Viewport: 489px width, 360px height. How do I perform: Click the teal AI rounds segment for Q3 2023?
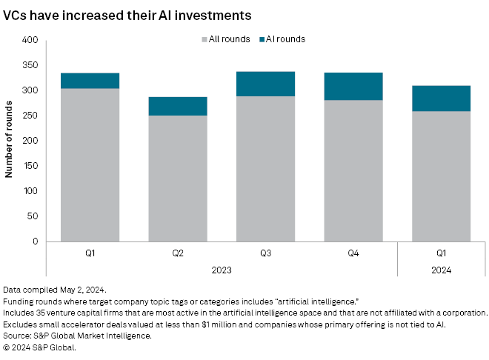coord(266,84)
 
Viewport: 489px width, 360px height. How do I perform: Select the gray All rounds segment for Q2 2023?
coord(178,178)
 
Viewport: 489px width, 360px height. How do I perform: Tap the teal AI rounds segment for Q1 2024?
coord(442,99)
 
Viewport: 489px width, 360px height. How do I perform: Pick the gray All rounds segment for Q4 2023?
coord(353,170)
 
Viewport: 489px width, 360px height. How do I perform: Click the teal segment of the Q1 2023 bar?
coord(90,81)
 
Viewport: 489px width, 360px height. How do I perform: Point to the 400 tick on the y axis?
coord(30,40)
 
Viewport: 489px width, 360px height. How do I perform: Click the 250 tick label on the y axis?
coord(30,116)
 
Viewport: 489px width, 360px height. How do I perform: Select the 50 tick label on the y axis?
coord(33,216)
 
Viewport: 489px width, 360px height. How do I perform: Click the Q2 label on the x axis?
coord(178,253)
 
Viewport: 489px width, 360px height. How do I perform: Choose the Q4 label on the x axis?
coord(353,253)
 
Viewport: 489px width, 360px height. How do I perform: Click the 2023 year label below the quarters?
coord(222,270)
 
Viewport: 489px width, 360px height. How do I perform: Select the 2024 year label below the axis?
coord(442,270)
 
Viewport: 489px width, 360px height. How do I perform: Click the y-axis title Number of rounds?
coord(10,141)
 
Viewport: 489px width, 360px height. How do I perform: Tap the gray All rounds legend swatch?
coord(203,39)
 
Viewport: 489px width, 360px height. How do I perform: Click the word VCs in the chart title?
coord(16,14)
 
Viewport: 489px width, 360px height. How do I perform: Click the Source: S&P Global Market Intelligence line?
coord(77,336)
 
